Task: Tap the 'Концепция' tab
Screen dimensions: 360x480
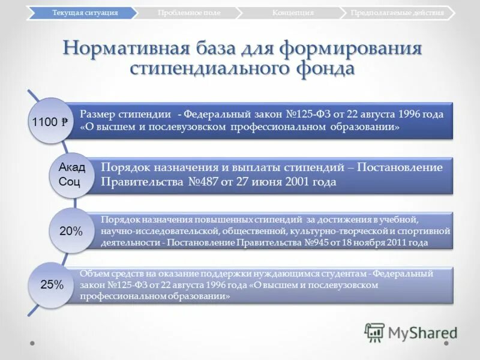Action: (x=292, y=13)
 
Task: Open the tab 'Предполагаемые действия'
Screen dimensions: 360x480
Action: (x=398, y=13)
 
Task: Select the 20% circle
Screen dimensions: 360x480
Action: (x=71, y=231)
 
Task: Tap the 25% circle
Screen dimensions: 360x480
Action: (x=52, y=285)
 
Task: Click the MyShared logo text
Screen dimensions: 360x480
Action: (x=422, y=332)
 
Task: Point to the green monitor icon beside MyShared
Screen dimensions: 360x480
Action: (x=375, y=332)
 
